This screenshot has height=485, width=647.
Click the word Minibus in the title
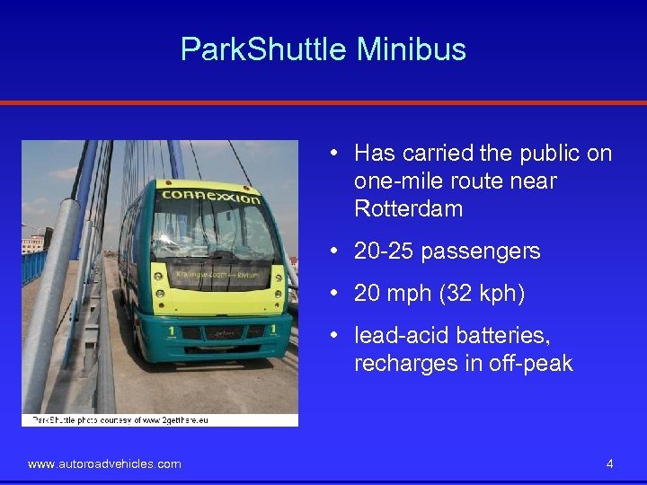coord(411,48)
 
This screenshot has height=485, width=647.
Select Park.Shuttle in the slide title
coord(264,48)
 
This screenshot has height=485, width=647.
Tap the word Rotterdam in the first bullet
coord(408,209)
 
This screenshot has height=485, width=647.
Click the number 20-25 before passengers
coord(384,251)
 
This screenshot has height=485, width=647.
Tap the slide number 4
coord(610,464)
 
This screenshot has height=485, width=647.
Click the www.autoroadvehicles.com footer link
coord(104,464)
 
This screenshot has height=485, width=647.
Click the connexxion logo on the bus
coord(211,195)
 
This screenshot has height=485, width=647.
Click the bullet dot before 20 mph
coord(333,294)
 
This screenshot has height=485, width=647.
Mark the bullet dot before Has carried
coord(333,154)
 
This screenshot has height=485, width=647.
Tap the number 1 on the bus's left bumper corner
coord(171,330)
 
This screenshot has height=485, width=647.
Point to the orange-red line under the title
coord(323,102)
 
